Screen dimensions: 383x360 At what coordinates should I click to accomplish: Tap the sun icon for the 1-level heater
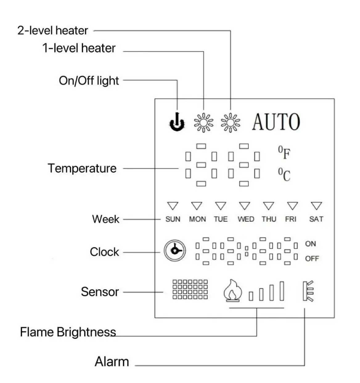point(203,123)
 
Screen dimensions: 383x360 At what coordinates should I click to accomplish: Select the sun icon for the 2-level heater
point(231,123)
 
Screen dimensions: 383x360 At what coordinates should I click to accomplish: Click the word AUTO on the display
point(276,122)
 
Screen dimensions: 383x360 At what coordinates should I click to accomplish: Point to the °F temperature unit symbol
point(284,153)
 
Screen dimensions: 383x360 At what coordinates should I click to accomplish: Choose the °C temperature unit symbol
point(284,174)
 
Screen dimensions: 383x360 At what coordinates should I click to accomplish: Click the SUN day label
point(173,219)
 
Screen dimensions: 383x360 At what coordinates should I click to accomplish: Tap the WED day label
point(246,219)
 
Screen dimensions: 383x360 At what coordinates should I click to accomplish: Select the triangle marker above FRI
point(292,206)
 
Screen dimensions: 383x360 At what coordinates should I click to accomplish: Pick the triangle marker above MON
point(197,206)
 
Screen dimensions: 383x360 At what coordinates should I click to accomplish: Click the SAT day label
point(316,219)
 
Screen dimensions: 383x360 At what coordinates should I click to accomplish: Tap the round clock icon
point(175,251)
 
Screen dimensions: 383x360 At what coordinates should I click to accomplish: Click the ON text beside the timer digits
point(310,244)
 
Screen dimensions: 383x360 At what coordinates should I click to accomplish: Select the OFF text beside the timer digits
point(312,259)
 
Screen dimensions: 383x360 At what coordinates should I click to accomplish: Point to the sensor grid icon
point(190,289)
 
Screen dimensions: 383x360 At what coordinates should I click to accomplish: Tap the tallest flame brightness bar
point(282,291)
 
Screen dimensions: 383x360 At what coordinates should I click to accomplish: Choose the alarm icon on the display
point(308,291)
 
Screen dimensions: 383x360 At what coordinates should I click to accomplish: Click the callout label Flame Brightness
point(68,332)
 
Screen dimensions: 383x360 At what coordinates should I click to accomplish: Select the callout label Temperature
point(82,168)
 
